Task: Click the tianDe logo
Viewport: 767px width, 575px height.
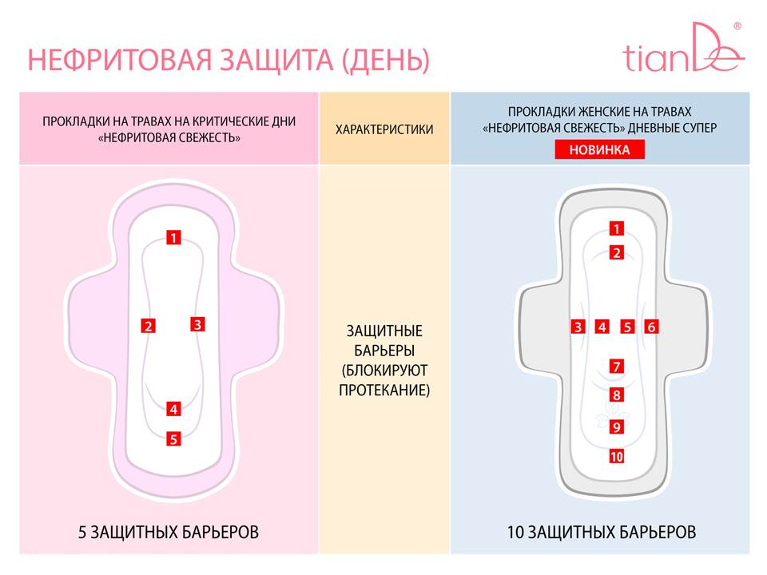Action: click(684, 48)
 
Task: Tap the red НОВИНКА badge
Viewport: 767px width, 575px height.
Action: click(599, 149)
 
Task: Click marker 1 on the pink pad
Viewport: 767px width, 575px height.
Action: click(173, 238)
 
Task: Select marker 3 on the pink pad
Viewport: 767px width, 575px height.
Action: click(197, 324)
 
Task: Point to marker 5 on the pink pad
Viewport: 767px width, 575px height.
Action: click(173, 439)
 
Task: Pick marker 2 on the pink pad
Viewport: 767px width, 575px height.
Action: click(149, 326)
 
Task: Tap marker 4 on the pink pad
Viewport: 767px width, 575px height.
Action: click(173, 409)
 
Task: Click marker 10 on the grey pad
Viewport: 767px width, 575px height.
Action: click(616, 457)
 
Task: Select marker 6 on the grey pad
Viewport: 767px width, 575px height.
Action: click(651, 327)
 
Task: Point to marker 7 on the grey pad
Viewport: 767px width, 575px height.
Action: click(616, 367)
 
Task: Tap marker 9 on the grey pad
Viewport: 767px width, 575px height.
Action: click(616, 427)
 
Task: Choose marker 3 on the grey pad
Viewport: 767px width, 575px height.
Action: click(578, 327)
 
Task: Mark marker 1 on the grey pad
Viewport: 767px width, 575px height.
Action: click(616, 228)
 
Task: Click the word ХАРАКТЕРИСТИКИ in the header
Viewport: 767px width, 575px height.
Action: click(384, 129)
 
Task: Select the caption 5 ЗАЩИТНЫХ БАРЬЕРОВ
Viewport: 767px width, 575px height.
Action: click(169, 532)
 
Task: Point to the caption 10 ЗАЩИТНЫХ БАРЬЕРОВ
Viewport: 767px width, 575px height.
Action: click(602, 532)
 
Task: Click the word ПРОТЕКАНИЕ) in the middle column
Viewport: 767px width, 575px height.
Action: click(384, 391)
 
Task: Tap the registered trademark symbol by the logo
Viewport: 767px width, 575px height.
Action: click(737, 26)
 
